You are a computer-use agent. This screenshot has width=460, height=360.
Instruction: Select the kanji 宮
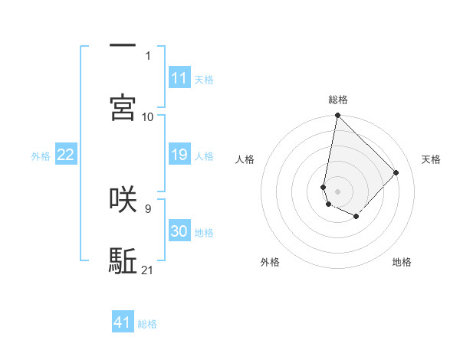click(123, 107)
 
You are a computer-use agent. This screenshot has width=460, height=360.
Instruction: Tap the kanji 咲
click(123, 198)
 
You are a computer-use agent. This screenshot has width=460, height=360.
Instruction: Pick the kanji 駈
click(123, 261)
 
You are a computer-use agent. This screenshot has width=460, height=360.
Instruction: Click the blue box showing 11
click(179, 77)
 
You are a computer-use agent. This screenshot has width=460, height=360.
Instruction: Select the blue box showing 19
click(179, 155)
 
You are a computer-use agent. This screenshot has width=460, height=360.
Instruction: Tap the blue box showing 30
click(179, 231)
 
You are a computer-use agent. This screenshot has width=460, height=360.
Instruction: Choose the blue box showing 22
click(66, 155)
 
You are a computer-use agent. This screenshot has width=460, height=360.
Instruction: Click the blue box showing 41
click(123, 322)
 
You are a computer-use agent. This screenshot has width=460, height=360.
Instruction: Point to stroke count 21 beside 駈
click(148, 270)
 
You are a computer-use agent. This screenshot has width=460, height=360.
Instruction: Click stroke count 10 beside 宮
click(148, 116)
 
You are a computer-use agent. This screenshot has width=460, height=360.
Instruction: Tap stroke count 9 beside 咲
click(148, 208)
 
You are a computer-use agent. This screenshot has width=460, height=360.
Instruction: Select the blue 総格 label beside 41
click(148, 324)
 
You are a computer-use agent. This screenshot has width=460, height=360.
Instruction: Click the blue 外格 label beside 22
click(41, 156)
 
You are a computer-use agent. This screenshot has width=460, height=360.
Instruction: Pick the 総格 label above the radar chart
click(338, 100)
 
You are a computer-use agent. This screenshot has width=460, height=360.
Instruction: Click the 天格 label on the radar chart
click(431, 159)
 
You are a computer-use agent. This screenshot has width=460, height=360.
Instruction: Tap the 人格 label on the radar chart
click(245, 159)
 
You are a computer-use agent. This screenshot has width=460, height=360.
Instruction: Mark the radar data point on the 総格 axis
click(337, 116)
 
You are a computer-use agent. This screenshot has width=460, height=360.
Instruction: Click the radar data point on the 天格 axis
click(396, 172)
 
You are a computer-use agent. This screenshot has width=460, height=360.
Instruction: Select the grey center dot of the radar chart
click(337, 191)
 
